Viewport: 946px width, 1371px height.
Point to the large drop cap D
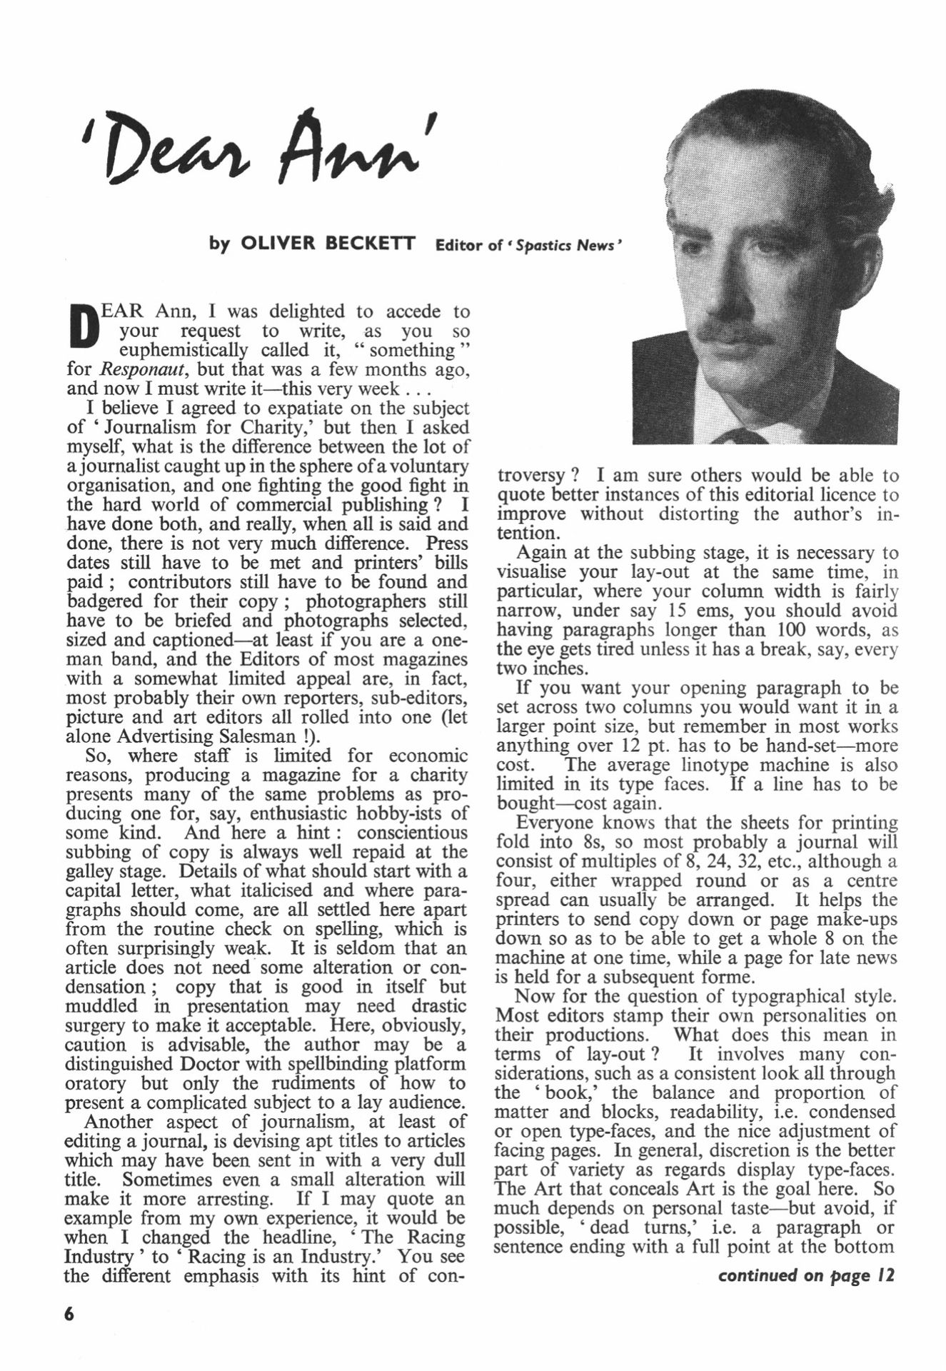coord(86,326)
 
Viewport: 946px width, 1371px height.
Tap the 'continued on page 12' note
coord(806,1275)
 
